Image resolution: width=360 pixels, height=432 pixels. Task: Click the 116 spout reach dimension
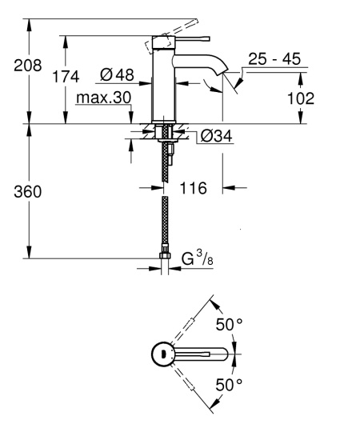pyautogui.click(x=194, y=189)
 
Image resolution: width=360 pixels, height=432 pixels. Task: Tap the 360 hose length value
pyautogui.click(x=29, y=193)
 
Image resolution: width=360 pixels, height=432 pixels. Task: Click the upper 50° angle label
pyautogui.click(x=230, y=324)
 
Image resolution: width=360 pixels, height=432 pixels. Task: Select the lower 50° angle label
pyautogui.click(x=230, y=385)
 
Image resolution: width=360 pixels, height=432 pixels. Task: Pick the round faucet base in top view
pyautogui.click(x=162, y=354)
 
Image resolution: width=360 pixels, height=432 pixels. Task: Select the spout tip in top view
pyautogui.click(x=226, y=354)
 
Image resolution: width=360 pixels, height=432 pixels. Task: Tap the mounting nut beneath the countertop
pyautogui.click(x=166, y=134)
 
